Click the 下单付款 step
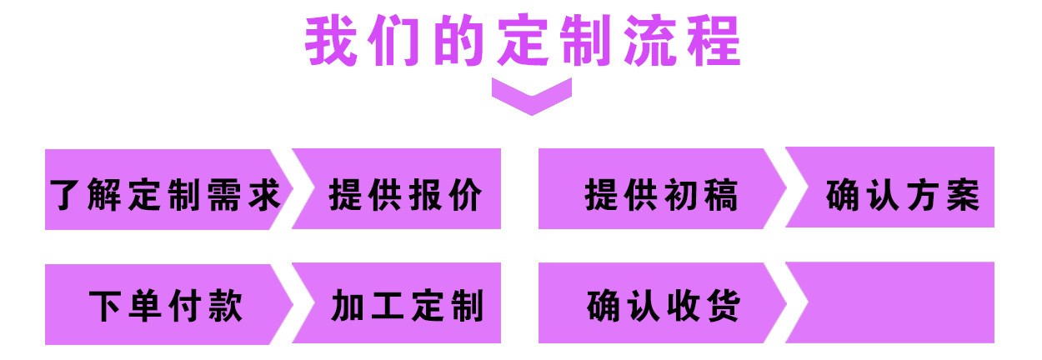[x=165, y=304]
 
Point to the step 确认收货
[x=661, y=304]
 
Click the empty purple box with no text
[x=896, y=302]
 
